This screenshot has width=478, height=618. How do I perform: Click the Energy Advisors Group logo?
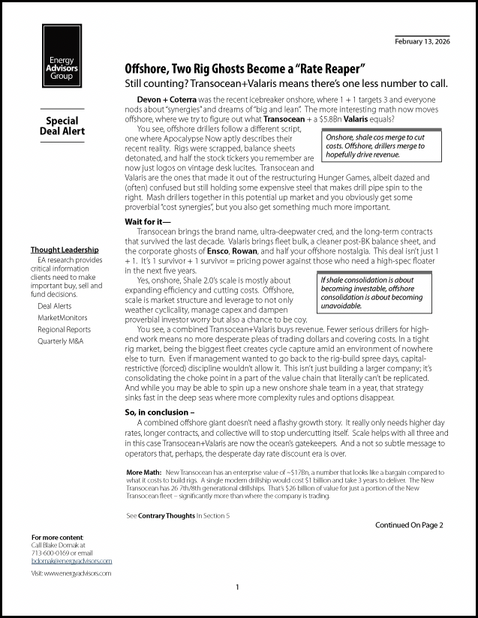pyautogui.click(x=62, y=56)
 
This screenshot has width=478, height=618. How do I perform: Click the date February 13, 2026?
pyautogui.click(x=422, y=41)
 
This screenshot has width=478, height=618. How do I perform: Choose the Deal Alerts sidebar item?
pyautogui.click(x=55, y=306)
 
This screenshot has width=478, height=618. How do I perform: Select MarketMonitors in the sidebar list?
pyautogui.click(x=62, y=317)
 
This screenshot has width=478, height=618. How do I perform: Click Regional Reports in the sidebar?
pyautogui.click(x=64, y=329)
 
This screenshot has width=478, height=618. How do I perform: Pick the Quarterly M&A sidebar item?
pyautogui.click(x=60, y=341)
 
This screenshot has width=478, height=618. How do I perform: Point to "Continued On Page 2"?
pyautogui.click(x=409, y=525)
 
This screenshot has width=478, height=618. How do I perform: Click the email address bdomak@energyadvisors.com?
pyautogui.click(x=71, y=560)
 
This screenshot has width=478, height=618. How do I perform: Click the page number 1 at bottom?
pyautogui.click(x=237, y=586)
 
